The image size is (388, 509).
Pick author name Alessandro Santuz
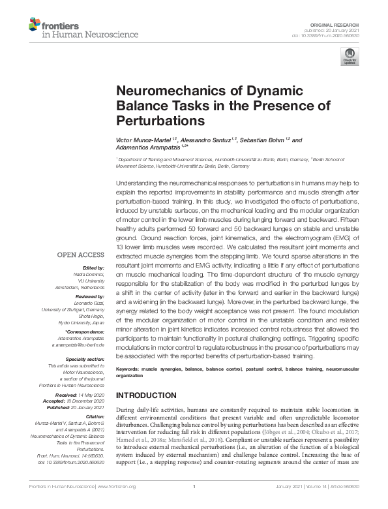(207, 140)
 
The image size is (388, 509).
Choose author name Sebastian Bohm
(265, 140)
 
